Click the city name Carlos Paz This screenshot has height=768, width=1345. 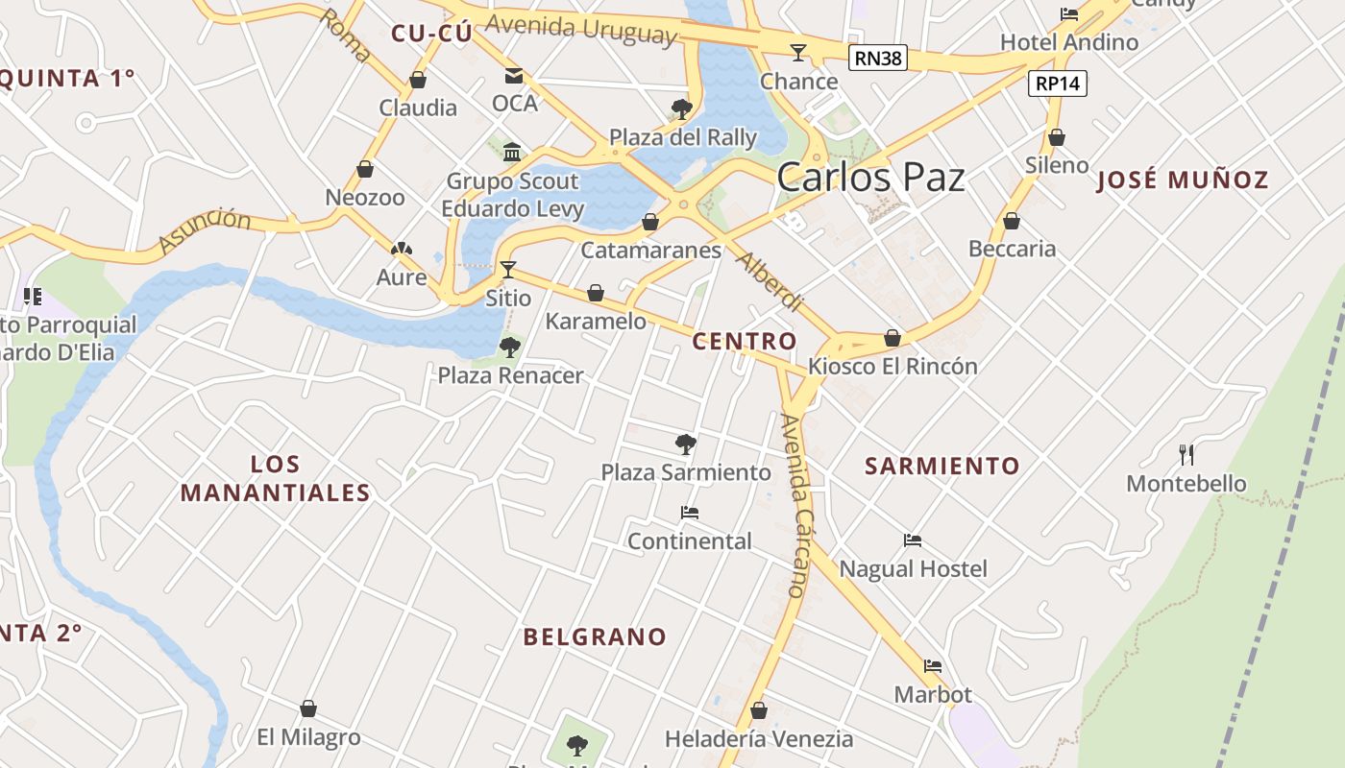pyautogui.click(x=870, y=178)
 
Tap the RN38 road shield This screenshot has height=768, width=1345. pyautogui.click(x=878, y=59)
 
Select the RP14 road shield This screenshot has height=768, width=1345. pyautogui.click(x=1058, y=84)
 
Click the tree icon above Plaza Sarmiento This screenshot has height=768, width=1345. pyautogui.click(x=685, y=444)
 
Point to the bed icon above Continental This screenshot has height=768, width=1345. pyautogui.click(x=689, y=513)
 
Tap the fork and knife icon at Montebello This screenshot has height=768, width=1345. pyautogui.click(x=1186, y=454)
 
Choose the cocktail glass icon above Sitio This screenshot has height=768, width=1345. pyautogui.click(x=508, y=269)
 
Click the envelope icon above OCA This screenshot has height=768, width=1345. pyautogui.click(x=514, y=76)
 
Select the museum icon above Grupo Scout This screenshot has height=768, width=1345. pyautogui.click(x=512, y=152)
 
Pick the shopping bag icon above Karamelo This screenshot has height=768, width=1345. pyautogui.click(x=596, y=293)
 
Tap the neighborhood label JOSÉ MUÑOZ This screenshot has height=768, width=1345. pyautogui.click(x=1183, y=180)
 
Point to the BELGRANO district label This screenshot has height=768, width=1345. pyautogui.click(x=595, y=636)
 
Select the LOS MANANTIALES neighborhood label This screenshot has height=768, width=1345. pyautogui.click(x=276, y=478)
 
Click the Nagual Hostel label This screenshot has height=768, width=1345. pyautogui.click(x=913, y=569)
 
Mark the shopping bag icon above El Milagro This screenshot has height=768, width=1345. pyautogui.click(x=308, y=709)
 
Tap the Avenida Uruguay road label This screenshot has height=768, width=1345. pyautogui.click(x=580, y=29)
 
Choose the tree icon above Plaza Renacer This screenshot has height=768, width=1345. pyautogui.click(x=510, y=347)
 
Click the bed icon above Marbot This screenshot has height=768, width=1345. pyautogui.click(x=933, y=665)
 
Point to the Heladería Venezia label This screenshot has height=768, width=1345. pyautogui.click(x=759, y=739)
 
